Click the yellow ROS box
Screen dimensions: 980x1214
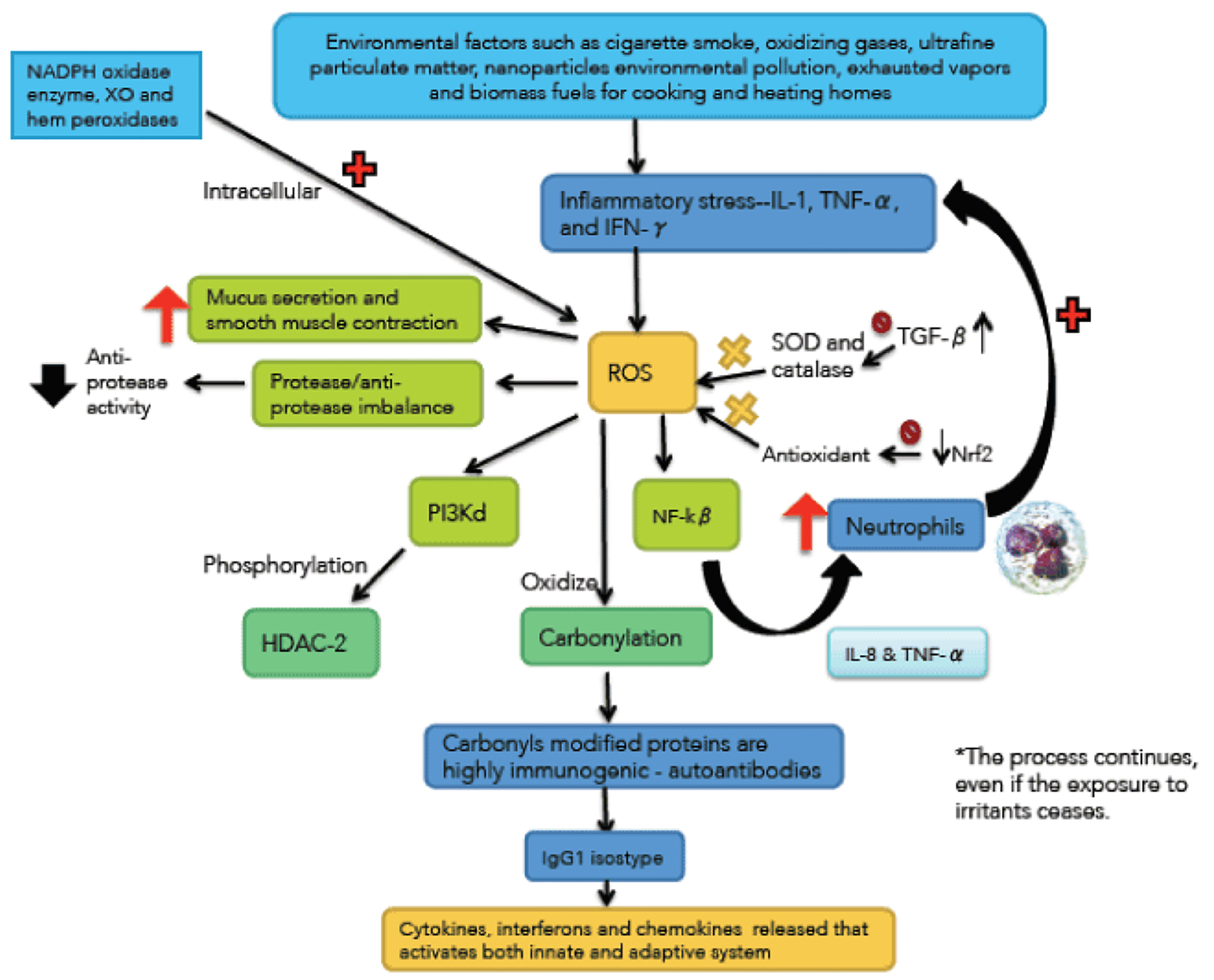tap(642, 372)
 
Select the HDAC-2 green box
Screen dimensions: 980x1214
tap(311, 643)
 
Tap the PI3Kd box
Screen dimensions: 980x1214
tap(463, 512)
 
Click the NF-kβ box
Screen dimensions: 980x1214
tap(686, 515)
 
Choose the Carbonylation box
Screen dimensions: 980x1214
tap(616, 637)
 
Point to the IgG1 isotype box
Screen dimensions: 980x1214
tap(604, 857)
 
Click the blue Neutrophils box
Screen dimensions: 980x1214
tap(905, 526)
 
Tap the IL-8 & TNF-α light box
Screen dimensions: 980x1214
tap(907, 654)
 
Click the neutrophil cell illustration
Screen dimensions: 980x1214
tap(1041, 546)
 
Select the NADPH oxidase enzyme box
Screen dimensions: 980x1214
tap(106, 95)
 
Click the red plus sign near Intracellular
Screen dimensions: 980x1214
tap(359, 169)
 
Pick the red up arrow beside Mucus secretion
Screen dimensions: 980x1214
tap(165, 313)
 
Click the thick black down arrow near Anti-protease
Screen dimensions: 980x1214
tap(53, 384)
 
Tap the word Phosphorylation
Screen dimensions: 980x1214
tap(284, 565)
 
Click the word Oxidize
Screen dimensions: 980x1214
tap(558, 582)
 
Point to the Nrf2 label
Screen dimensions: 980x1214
tap(971, 454)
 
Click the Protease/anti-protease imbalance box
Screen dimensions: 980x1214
tap(367, 394)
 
